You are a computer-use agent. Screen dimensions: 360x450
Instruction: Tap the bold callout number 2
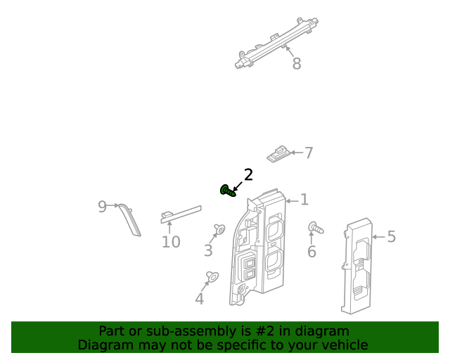click(247, 175)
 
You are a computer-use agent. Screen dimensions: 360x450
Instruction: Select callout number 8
click(296, 64)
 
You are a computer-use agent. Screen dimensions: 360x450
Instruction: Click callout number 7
click(309, 153)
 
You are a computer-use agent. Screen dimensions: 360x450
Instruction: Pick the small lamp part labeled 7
click(280, 153)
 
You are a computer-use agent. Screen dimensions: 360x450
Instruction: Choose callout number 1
click(304, 200)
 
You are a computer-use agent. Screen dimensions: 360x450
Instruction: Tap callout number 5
click(392, 237)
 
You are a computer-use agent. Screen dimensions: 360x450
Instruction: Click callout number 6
click(311, 252)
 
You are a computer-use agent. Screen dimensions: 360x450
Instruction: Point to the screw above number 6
click(314, 228)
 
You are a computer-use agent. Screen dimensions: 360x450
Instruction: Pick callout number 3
click(208, 250)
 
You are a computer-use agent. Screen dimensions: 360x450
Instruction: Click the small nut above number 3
click(219, 228)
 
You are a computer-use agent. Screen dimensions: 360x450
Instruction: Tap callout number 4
click(199, 299)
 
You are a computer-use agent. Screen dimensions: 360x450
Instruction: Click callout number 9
click(102, 206)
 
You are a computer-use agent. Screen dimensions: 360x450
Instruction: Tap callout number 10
click(171, 243)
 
